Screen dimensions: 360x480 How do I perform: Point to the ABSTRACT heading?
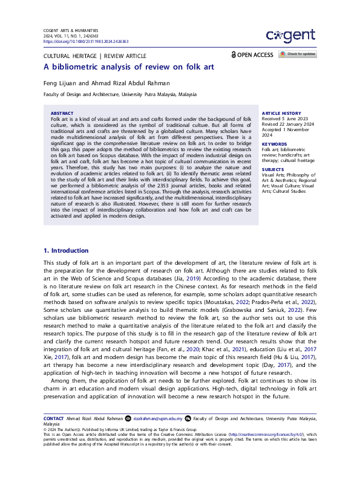click(x=62, y=114)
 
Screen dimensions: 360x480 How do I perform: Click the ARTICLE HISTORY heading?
click(x=281, y=114)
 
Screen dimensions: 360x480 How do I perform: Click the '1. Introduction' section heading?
click(x=67, y=250)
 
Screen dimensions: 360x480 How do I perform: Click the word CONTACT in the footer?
click(x=54, y=418)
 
